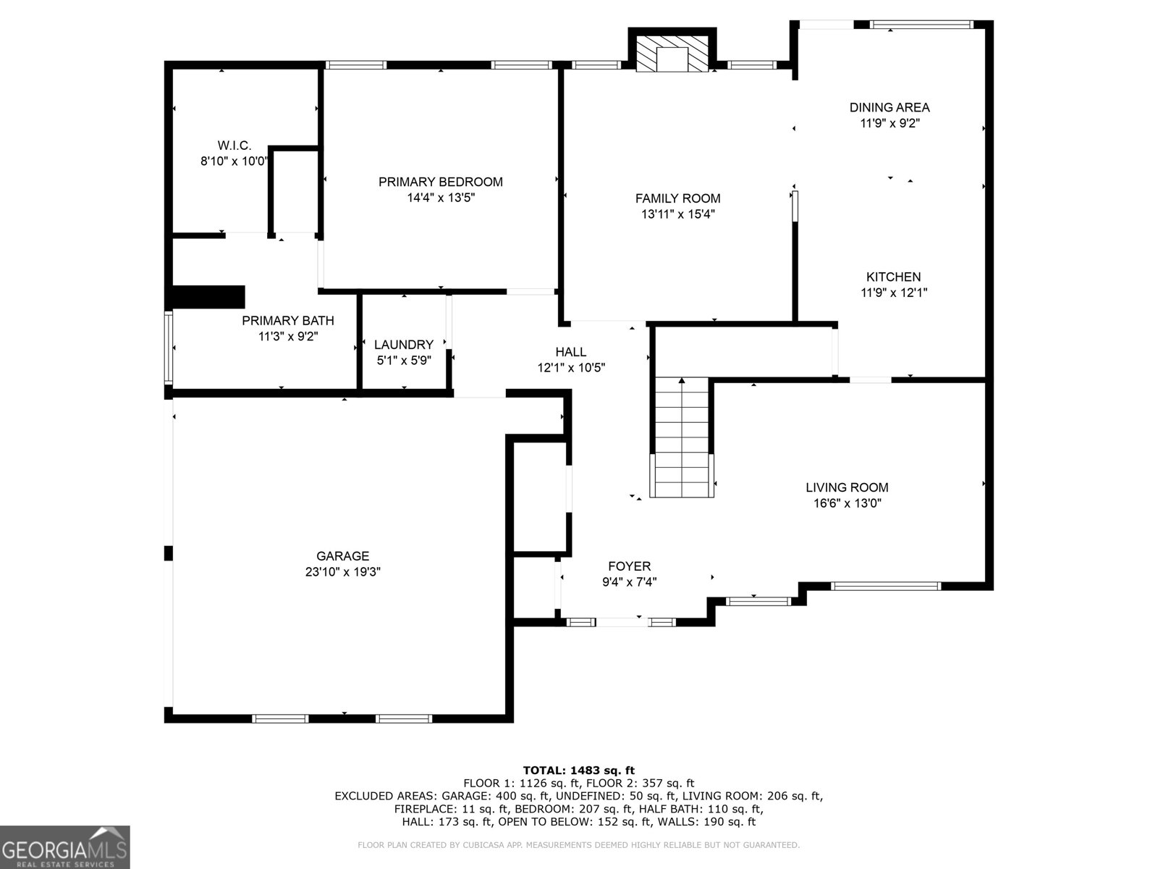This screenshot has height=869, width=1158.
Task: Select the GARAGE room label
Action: tap(342, 556)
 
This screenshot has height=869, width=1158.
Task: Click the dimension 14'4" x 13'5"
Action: tap(441, 197)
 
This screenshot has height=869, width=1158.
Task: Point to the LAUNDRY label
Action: tap(404, 345)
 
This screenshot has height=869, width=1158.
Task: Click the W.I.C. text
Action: tap(234, 146)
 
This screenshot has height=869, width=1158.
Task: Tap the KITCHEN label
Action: tap(893, 277)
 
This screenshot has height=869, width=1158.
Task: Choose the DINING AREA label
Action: tap(889, 107)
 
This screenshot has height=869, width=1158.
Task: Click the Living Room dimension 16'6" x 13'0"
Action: tap(847, 503)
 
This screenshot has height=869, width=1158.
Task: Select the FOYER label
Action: tap(629, 566)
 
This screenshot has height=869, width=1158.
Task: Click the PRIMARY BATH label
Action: tap(288, 321)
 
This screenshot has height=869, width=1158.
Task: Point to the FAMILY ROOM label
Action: tap(677, 198)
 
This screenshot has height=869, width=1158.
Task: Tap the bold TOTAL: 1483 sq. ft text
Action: tap(578, 771)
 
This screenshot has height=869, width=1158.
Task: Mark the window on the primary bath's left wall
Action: tap(169, 348)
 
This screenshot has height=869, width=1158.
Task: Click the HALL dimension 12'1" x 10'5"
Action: tap(571, 368)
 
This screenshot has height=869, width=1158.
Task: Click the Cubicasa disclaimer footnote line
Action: tap(578, 845)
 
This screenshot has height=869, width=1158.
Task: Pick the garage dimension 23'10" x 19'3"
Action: tap(342, 572)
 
